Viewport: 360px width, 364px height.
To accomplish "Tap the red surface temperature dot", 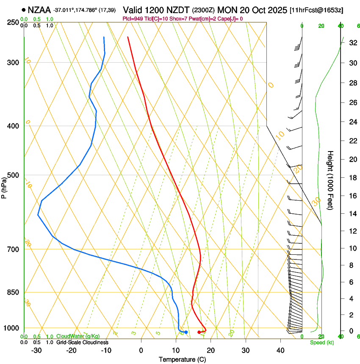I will point(199,332).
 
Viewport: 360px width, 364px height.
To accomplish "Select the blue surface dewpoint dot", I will point(186,332).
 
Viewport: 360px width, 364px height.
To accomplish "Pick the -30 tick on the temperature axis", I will point(36,350).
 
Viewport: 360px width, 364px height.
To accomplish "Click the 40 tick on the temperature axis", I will point(280,350).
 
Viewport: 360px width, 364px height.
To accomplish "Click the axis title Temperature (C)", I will point(182,359).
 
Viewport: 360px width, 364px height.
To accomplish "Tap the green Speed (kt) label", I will point(322,342).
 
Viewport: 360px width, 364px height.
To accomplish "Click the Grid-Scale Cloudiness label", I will point(82,342).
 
